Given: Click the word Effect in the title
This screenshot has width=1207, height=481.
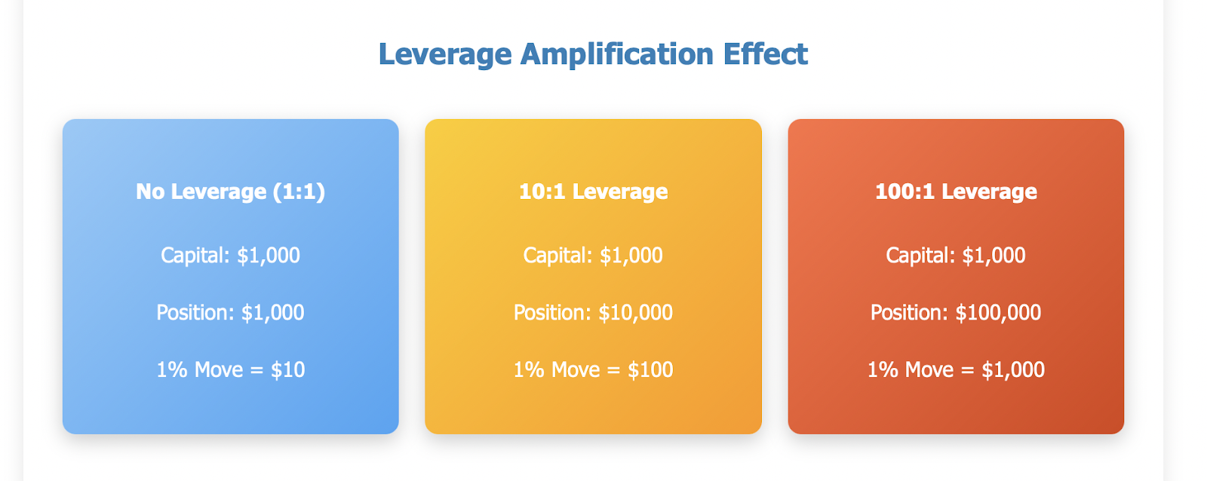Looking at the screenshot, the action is coord(765,54).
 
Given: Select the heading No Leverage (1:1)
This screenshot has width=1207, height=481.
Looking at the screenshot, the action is coord(231,191).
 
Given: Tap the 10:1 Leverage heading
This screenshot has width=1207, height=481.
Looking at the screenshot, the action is coord(593,191).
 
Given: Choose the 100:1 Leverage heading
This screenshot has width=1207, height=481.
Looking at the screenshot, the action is coord(956,191).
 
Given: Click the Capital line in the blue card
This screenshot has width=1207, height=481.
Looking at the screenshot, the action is coord(231,256).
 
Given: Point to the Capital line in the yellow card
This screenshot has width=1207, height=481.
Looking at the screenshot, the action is coord(593,256).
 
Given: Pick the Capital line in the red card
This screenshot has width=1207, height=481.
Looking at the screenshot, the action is coord(956,256).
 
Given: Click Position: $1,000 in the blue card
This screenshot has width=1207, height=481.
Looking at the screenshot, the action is coord(231,312).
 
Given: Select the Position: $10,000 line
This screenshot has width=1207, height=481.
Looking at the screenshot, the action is coord(593,312).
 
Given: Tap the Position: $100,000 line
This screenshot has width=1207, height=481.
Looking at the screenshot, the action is coord(956,312).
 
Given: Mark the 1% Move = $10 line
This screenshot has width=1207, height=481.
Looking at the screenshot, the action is coord(231,369).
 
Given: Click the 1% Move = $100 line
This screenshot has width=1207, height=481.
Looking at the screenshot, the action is coord(593,369).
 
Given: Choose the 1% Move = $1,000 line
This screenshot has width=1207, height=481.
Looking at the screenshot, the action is coord(956,369).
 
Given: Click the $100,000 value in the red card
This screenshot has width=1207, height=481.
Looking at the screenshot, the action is coord(998,312).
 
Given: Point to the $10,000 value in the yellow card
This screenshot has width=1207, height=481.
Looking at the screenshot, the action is coord(635,312).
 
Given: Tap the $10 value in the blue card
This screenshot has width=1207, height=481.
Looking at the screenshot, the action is coord(287,369).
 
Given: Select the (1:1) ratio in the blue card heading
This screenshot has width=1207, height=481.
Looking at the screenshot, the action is coord(299,192).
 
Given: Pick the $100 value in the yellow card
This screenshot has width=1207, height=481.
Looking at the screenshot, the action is coord(650,369).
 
